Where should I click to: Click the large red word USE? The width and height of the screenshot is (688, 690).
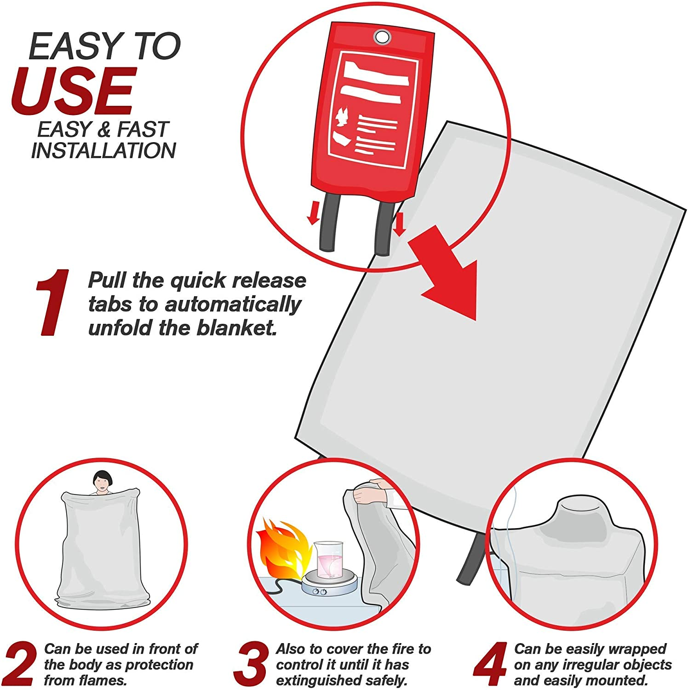[74, 92]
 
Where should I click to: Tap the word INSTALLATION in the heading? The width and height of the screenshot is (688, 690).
[103, 151]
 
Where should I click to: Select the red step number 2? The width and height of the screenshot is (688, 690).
[19, 665]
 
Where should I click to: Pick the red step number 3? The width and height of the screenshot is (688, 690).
[251, 665]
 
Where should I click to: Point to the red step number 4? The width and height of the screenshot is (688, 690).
[490, 665]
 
